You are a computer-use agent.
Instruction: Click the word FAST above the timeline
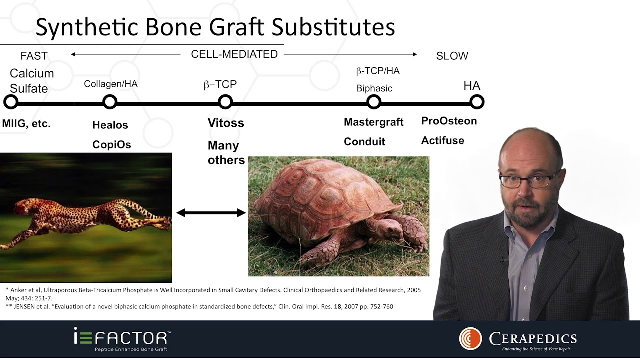pos(34,56)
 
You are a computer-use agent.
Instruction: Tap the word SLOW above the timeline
pos(452,56)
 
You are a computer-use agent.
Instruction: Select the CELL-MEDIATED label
pos(234,54)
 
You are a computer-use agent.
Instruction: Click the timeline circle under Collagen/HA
pos(110,102)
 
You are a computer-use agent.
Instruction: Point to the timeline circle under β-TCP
pos(225,102)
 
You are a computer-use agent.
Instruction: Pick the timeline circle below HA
pos(477,102)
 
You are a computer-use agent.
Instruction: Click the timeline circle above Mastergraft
pos(373,102)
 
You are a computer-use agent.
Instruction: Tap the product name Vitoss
pos(226,123)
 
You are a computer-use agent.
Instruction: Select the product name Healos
pos(110,125)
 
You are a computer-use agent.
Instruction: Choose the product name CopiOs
pos(112,145)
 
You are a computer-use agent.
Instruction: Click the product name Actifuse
pos(443,140)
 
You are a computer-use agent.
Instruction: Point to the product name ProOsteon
pos(449,121)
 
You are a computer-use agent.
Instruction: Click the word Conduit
pos(364,141)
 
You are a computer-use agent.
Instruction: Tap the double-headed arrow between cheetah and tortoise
pos(211,213)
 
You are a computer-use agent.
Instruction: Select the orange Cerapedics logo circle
pos(470,339)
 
